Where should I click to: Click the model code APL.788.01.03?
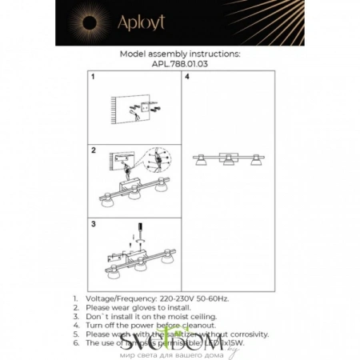coord(179,64)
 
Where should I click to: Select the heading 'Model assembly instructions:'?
coord(179,54)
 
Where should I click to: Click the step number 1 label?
coord(94,78)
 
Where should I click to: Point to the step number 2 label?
coord(94,150)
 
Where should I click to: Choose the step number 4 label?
coord(187,78)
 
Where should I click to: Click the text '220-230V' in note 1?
coord(173,298)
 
